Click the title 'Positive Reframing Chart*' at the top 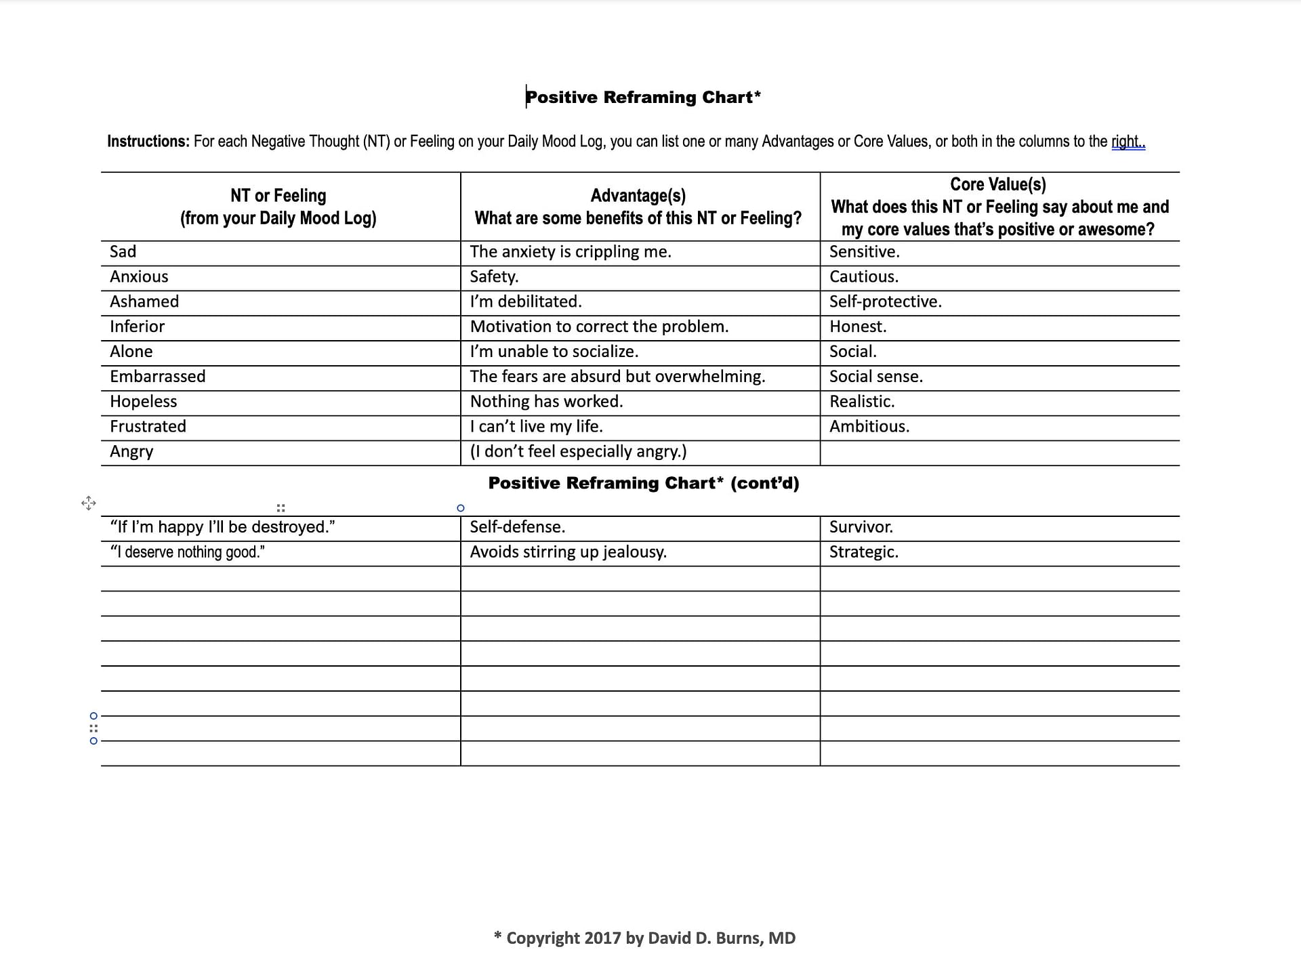point(643,98)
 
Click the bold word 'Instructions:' point(148,142)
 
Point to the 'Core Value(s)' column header point(998,184)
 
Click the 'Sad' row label point(123,252)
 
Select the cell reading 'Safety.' point(494,277)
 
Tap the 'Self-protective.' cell point(885,302)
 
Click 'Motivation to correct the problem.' point(599,327)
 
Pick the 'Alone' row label point(131,352)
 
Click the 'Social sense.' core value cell point(875,377)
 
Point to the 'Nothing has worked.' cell point(546,402)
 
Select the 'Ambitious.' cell point(869,427)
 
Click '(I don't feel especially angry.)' point(578,452)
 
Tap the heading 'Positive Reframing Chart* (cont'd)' point(643,483)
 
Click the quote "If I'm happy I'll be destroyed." point(222,527)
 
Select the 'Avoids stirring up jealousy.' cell point(568,552)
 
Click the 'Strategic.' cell point(864,552)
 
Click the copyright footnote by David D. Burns point(644,938)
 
